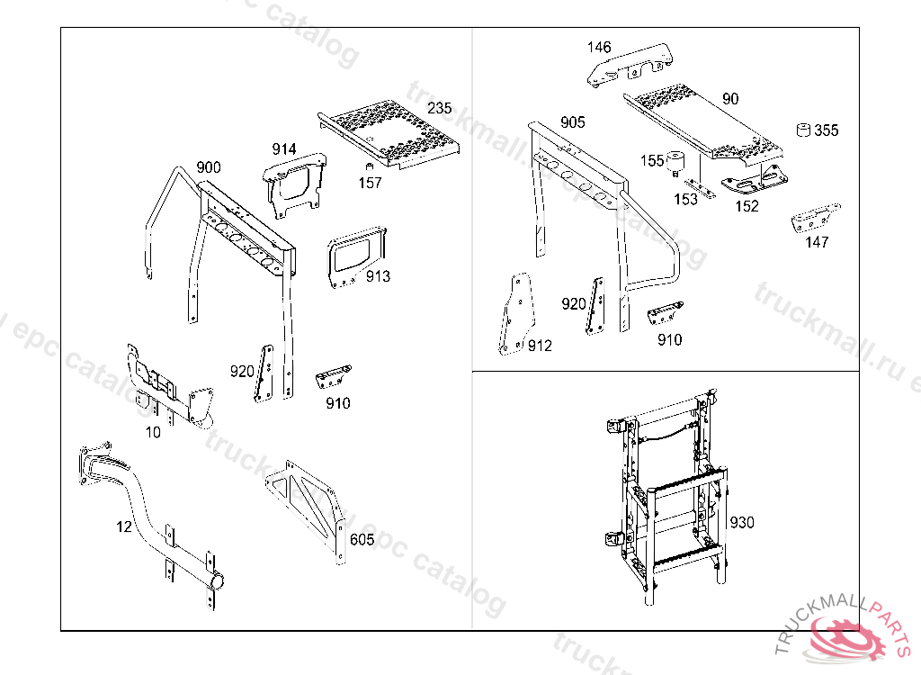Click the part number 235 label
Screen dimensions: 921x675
click(x=440, y=108)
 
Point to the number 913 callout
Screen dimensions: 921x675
click(x=378, y=276)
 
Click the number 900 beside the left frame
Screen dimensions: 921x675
click(x=208, y=167)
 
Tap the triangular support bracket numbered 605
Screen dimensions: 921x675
click(x=310, y=508)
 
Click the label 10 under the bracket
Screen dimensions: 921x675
click(x=154, y=432)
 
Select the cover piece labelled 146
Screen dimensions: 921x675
click(x=629, y=64)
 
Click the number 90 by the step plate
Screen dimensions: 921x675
click(x=730, y=99)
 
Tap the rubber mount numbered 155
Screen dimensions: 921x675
click(x=675, y=163)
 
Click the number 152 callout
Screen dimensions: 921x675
click(x=747, y=205)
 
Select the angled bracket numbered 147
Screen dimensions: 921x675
click(x=814, y=220)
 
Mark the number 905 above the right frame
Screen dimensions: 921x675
click(x=573, y=122)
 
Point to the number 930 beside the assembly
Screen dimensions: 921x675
click(x=742, y=522)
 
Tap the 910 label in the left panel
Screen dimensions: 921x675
click(x=337, y=403)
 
